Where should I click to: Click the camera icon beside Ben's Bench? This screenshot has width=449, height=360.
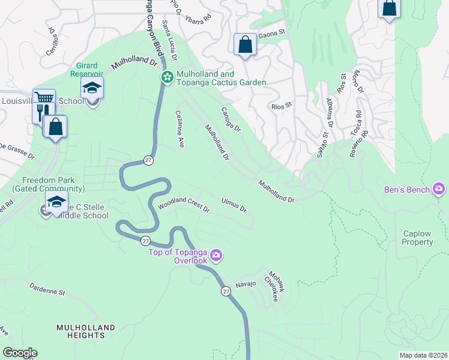tap(439, 190)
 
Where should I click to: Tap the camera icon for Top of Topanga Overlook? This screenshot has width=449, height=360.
tap(216, 257)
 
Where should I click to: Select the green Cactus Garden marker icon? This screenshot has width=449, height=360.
tap(167, 77)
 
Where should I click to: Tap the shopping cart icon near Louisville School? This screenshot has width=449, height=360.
tap(43, 98)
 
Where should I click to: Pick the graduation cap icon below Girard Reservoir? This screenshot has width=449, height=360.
tap(92, 88)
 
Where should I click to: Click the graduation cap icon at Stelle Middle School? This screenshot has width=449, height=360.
tap(56, 202)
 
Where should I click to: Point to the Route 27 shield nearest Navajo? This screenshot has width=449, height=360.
tap(225, 291)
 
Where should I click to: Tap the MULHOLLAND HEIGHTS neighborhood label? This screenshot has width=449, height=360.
tap(85, 332)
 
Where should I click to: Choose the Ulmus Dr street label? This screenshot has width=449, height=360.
tap(234, 205)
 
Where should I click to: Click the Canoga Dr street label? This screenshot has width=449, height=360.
tap(231, 120)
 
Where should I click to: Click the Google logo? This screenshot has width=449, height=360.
tap(20, 353)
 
